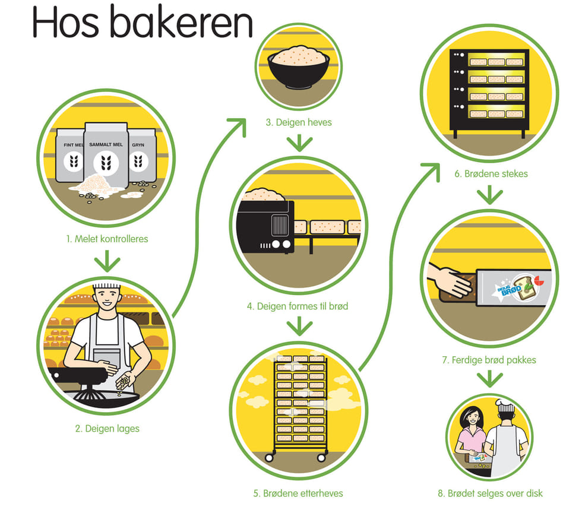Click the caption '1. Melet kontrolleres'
pyautogui.click(x=107, y=239)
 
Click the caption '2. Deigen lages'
pyautogui.click(x=107, y=427)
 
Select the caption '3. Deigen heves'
pyautogui.click(x=299, y=123)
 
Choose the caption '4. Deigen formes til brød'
pyautogui.click(x=298, y=307)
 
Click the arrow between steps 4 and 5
pyautogui.click(x=299, y=326)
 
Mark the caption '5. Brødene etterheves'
pyautogui.click(x=298, y=493)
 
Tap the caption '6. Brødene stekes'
pyautogui.click(x=491, y=174)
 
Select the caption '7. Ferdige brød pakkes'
pyautogui.click(x=489, y=360)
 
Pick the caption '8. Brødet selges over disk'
pyautogui.click(x=490, y=493)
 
